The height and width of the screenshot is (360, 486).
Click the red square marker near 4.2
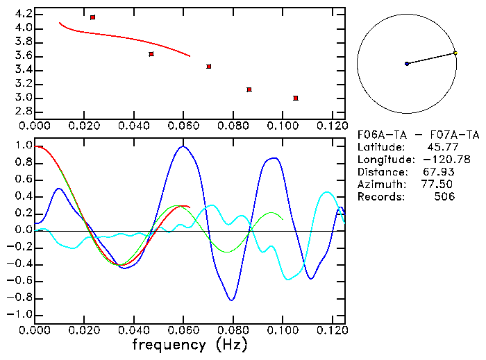pos(92,17)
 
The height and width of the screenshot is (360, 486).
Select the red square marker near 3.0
pos(296,98)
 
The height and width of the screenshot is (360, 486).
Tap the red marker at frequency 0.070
pos(209,67)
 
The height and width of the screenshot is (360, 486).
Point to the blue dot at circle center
pos(407,64)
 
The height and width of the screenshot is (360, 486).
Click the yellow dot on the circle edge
pos(455,53)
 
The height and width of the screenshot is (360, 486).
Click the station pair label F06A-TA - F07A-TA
pos(417,135)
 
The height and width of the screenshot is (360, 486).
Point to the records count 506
pos(444,197)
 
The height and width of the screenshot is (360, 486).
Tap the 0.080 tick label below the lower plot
pos(232,330)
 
